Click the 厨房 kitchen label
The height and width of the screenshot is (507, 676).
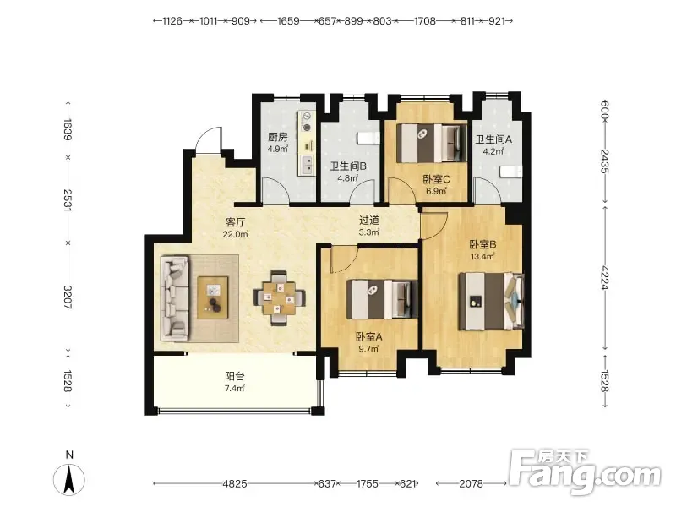[278, 137]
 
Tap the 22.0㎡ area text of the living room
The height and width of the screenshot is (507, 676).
[236, 235]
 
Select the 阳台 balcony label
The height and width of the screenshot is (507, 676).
[235, 376]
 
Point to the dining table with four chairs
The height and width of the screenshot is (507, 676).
[280, 298]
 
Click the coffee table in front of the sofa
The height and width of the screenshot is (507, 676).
[213, 298]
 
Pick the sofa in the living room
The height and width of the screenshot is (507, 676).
[175, 298]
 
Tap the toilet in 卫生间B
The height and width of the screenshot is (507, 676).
[368, 138]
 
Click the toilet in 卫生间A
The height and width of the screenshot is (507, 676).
[511, 172]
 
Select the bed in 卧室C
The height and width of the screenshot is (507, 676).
[432, 143]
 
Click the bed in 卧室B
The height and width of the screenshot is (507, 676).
[491, 302]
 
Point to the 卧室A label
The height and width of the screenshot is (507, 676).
[368, 336]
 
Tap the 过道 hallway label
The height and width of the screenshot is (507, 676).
[369, 221]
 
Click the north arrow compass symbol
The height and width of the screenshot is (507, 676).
[69, 479]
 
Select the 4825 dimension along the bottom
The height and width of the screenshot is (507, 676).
[235, 483]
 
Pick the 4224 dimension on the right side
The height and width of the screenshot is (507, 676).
[605, 278]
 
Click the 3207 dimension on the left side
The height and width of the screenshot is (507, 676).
[68, 297]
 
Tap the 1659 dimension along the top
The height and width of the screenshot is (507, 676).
[288, 20]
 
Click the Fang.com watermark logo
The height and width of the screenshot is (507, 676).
[584, 472]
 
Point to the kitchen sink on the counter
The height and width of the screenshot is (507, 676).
[308, 164]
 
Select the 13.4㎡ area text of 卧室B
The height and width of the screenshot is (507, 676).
[482, 257]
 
